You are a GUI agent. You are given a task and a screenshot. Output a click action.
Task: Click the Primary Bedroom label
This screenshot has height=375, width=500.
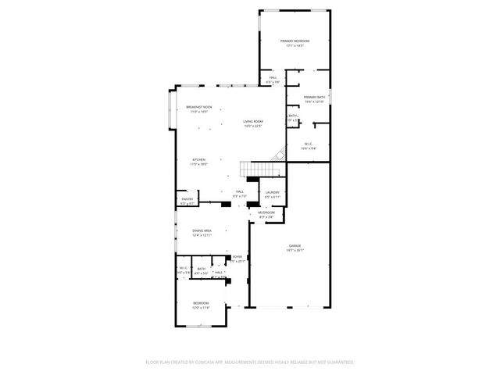click(x=295, y=41)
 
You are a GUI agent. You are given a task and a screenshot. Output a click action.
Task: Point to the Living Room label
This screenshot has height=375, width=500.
click(x=252, y=121)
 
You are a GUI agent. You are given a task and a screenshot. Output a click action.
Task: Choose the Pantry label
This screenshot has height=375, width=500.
click(x=187, y=199)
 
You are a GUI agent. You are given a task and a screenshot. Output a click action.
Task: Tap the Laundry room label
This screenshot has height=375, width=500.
click(x=272, y=192)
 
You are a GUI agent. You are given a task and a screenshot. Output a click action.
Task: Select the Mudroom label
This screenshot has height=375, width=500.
click(x=267, y=212)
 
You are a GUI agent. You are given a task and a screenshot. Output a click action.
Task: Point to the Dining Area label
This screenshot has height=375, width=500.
click(x=202, y=231)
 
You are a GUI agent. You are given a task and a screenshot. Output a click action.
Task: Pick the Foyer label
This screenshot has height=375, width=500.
click(x=237, y=256)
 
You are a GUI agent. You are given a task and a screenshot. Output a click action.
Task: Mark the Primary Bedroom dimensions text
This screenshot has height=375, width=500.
click(x=295, y=46)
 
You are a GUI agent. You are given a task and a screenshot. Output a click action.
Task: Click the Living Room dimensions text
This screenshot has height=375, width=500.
click(x=252, y=126)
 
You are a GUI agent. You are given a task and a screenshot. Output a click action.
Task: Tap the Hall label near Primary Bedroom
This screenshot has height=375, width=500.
click(x=273, y=77)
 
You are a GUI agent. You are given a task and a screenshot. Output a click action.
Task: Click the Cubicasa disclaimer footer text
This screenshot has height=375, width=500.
click(x=250, y=362)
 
